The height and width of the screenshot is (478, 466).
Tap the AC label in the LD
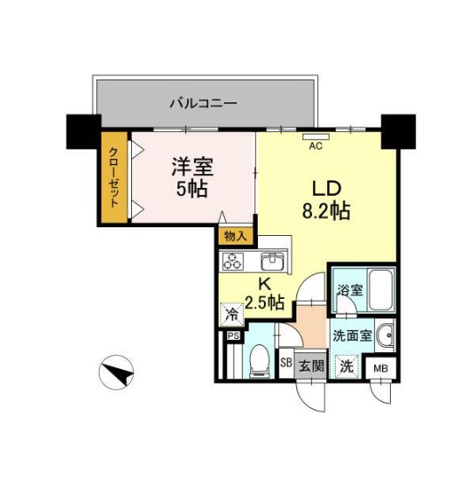316,147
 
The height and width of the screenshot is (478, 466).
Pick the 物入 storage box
235,236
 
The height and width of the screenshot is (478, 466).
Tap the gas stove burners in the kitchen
235,260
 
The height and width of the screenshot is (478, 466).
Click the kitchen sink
273,260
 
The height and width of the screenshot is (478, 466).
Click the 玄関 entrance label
310,365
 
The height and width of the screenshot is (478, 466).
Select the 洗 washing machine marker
347,366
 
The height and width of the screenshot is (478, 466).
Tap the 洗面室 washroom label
352,333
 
